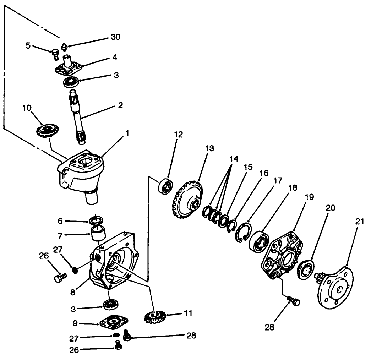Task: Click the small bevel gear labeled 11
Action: click(154, 316)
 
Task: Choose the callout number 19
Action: click(309, 196)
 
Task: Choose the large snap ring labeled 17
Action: click(243, 233)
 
